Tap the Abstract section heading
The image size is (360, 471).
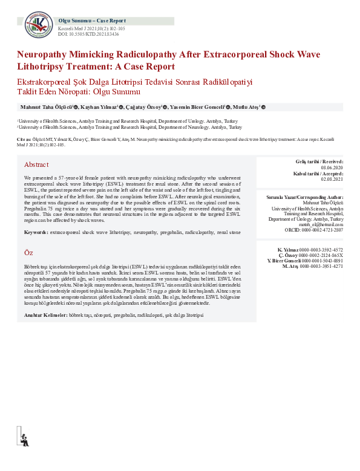coord(36,164)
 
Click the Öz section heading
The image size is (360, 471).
coord(28,252)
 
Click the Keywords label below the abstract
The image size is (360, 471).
coord(36,232)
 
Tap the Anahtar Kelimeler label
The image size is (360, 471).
coord(45,316)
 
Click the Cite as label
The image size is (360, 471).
coord(25,140)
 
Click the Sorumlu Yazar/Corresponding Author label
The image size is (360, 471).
coord(305,198)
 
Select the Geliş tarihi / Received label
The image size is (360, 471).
coord(318,161)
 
